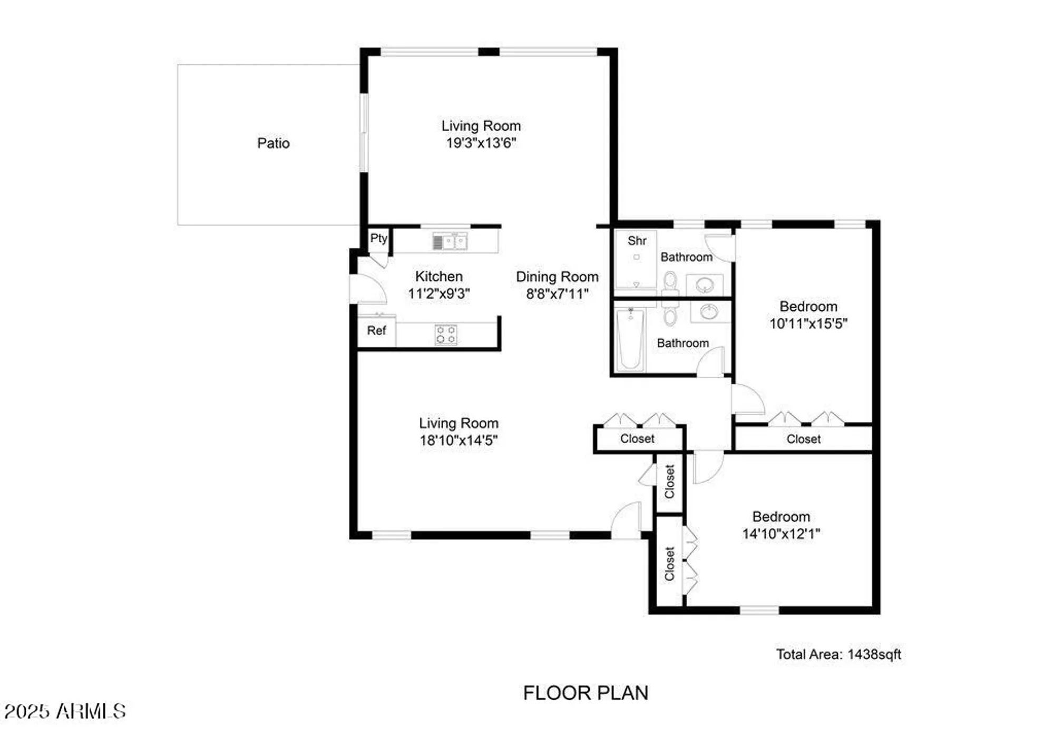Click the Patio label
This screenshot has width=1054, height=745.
click(x=273, y=143)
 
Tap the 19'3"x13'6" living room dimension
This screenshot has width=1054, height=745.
click(x=481, y=143)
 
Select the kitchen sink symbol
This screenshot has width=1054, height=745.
click(x=450, y=242)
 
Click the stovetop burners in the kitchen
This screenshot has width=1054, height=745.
click(x=446, y=335)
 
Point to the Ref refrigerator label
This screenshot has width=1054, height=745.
click(x=376, y=330)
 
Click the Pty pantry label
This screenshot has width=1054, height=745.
click(x=378, y=238)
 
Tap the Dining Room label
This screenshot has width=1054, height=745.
click(x=557, y=277)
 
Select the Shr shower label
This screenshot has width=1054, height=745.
click(x=637, y=241)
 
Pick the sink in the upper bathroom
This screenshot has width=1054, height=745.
click(x=705, y=285)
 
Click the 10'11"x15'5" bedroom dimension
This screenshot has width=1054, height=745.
click(x=808, y=324)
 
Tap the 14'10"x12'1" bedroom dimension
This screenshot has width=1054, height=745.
click(x=781, y=534)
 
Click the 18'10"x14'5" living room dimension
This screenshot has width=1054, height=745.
click(x=458, y=440)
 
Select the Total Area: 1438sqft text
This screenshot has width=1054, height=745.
click(x=838, y=654)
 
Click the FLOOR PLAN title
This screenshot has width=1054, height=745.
click(x=585, y=693)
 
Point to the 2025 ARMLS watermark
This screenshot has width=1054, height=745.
click(x=65, y=711)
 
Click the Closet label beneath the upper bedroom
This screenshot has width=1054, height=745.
click(x=803, y=439)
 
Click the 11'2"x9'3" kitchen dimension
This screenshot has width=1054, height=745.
click(x=438, y=293)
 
